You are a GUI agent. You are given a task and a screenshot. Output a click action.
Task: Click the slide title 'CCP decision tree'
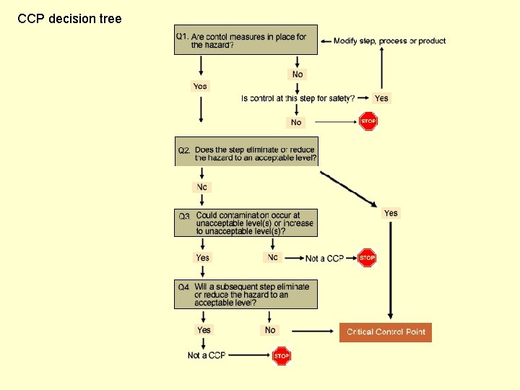click(69, 18)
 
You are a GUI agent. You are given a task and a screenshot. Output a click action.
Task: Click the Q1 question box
click(246, 40)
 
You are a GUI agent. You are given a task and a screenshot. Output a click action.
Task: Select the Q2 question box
click(246, 152)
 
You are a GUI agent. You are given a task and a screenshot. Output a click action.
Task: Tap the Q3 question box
click(246, 223)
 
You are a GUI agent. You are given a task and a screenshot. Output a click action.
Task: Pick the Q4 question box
click(246, 295)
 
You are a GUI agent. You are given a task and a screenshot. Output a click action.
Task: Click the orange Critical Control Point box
click(386, 332)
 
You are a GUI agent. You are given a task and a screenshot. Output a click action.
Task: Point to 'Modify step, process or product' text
click(390, 41)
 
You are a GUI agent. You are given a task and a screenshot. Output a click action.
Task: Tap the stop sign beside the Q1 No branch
click(368, 121)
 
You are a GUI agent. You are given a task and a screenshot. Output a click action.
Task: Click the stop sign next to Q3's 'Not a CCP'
click(367, 258)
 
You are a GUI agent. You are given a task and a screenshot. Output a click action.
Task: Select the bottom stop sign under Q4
click(282, 355)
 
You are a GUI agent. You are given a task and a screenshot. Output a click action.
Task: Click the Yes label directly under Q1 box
click(200, 87)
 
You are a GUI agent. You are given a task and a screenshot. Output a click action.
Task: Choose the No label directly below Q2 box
click(201, 187)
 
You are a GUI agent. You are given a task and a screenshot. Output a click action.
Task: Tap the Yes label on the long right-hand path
click(391, 213)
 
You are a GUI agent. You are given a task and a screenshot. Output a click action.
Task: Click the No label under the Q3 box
click(272, 257)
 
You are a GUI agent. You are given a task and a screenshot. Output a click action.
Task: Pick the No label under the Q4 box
click(270, 330)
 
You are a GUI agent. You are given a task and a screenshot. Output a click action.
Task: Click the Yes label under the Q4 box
click(204, 330)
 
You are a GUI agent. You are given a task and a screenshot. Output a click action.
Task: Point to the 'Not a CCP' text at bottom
click(207, 355)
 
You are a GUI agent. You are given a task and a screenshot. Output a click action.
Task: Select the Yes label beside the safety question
click(381, 98)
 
